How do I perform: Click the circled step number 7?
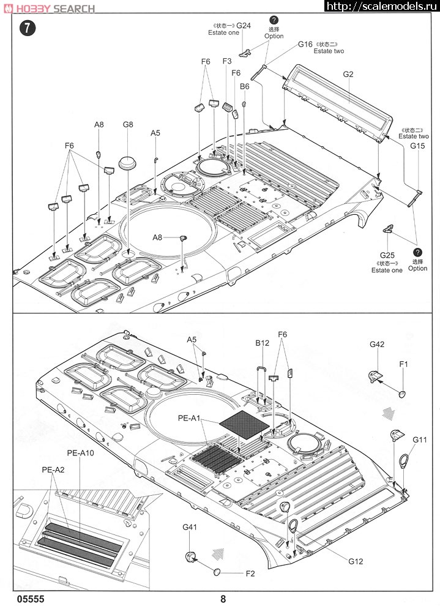28,28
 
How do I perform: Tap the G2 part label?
348,74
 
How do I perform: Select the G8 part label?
128,124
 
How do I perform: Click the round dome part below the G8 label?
128,162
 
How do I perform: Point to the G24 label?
244,26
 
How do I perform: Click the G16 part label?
305,45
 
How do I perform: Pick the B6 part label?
245,86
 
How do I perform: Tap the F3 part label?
227,61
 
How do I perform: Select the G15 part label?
417,146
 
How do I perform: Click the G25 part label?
387,255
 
